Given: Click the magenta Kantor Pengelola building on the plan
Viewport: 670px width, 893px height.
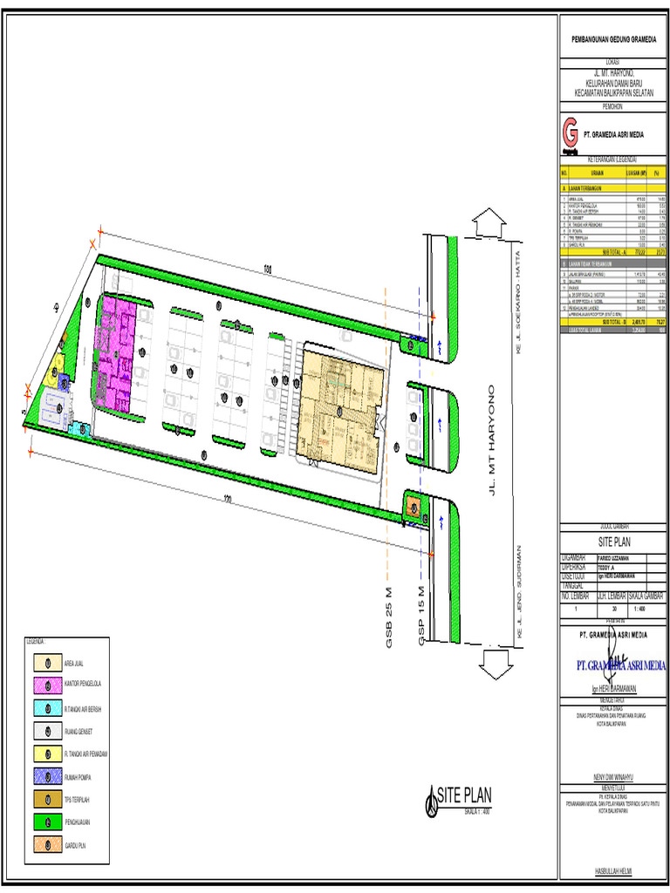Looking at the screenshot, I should pyautogui.click(x=116, y=353).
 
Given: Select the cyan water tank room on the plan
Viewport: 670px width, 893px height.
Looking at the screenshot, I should pyautogui.click(x=80, y=429).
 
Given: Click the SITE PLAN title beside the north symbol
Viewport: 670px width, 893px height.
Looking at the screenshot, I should pyautogui.click(x=464, y=794).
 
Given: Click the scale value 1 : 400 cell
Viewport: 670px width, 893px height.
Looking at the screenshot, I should pyautogui.click(x=646, y=610).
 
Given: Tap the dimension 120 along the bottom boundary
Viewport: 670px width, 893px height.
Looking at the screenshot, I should pyautogui.click(x=229, y=499).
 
